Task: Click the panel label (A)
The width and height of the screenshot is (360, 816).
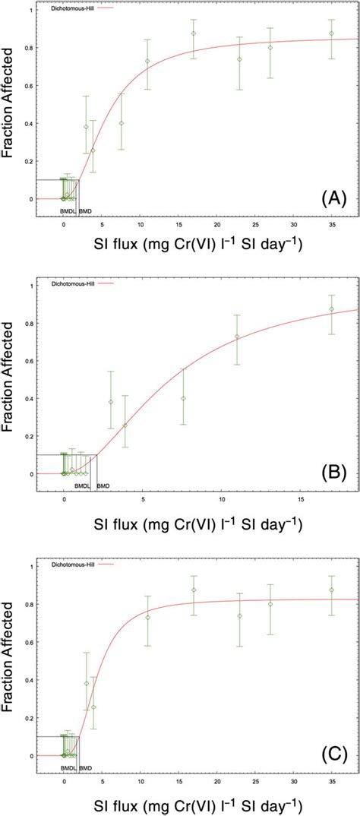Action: coord(334,199)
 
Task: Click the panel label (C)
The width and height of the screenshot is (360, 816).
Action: coord(334,754)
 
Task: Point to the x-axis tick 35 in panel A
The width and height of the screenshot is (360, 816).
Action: coord(331,225)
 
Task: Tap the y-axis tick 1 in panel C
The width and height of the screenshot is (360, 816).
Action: coord(30,566)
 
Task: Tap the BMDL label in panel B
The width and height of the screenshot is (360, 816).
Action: coord(82,485)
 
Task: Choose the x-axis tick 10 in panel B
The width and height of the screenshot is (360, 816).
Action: coord(221,499)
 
